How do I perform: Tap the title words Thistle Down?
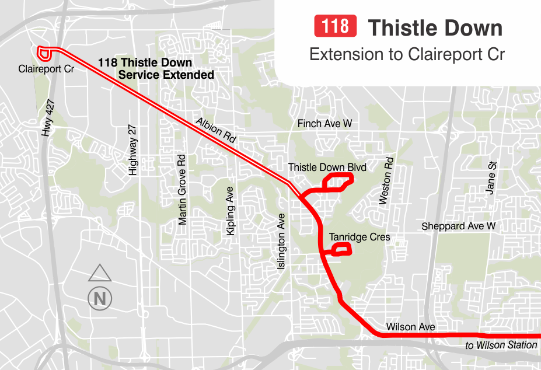[x=435, y=27]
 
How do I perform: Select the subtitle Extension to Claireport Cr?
[x=407, y=54]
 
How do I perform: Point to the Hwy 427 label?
[x=48, y=123]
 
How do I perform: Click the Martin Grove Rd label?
[x=182, y=190]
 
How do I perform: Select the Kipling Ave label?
[x=231, y=211]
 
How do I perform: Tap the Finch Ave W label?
[x=324, y=124]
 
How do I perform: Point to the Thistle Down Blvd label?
[x=327, y=168]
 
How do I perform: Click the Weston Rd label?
[x=386, y=181]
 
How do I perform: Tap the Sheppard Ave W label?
[x=458, y=226]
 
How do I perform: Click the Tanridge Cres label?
[x=359, y=238]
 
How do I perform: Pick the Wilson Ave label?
[x=410, y=327]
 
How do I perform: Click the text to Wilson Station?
[x=501, y=345]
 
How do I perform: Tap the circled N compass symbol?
[x=100, y=298]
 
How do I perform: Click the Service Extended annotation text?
[x=166, y=75]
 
